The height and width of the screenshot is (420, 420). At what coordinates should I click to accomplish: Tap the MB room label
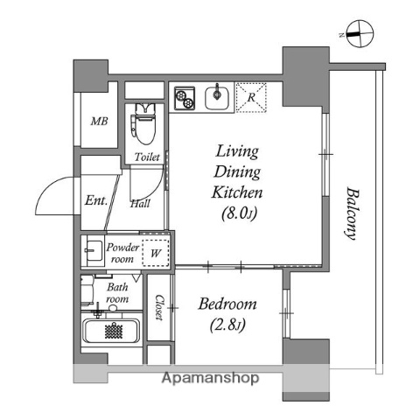[101, 120]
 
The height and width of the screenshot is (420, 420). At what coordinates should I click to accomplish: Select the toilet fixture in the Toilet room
[145, 125]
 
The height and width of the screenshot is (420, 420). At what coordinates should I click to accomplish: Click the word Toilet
[146, 157]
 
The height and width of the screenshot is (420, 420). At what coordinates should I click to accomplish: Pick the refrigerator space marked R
[251, 98]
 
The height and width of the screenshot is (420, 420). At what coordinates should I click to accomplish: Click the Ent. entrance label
[96, 200]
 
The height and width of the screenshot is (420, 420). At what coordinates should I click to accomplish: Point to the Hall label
[139, 205]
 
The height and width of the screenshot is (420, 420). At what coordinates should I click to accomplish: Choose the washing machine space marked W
[155, 254]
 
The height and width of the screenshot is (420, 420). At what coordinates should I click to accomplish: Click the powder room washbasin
[92, 252]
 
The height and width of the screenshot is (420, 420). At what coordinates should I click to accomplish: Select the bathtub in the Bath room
[111, 332]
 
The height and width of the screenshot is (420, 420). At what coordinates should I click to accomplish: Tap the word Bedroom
[227, 304]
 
